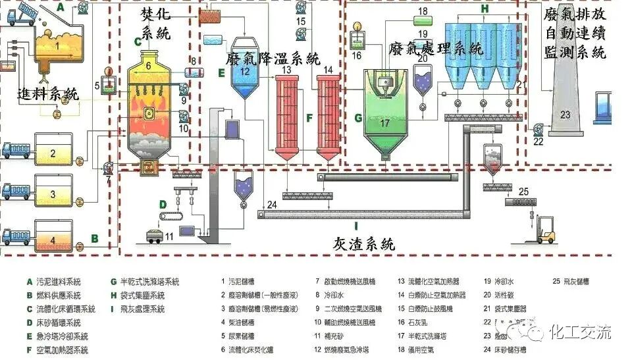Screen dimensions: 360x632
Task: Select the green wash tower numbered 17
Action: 385,125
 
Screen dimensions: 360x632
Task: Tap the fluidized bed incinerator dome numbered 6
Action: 149,65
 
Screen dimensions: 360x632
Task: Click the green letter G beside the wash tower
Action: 358,118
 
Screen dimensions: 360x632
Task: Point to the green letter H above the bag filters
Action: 485,9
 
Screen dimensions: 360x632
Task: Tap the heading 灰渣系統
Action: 363,244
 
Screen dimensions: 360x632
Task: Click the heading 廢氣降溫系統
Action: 272,59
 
